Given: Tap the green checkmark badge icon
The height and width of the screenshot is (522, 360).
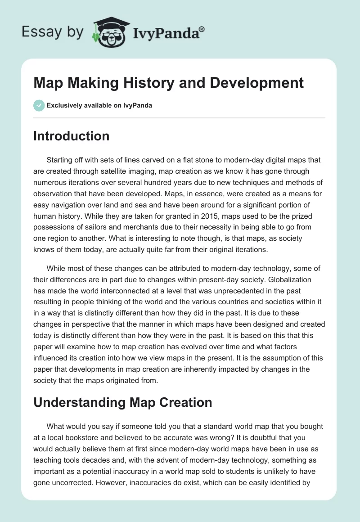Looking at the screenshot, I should (x=39, y=106).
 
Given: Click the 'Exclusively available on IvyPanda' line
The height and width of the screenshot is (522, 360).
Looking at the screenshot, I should (x=99, y=106).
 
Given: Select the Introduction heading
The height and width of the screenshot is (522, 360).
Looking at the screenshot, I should (x=71, y=136).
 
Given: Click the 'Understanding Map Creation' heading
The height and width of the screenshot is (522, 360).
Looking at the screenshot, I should (x=122, y=403).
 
